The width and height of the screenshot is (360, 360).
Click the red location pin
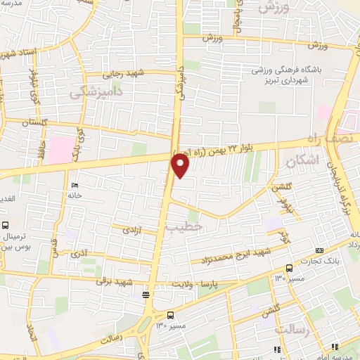click(x=181, y=165)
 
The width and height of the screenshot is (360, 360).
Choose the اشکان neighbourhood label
click(x=302, y=162)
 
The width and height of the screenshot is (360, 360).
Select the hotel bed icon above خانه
click(x=74, y=186)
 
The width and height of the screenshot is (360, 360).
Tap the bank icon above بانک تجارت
click(x=321, y=251)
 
